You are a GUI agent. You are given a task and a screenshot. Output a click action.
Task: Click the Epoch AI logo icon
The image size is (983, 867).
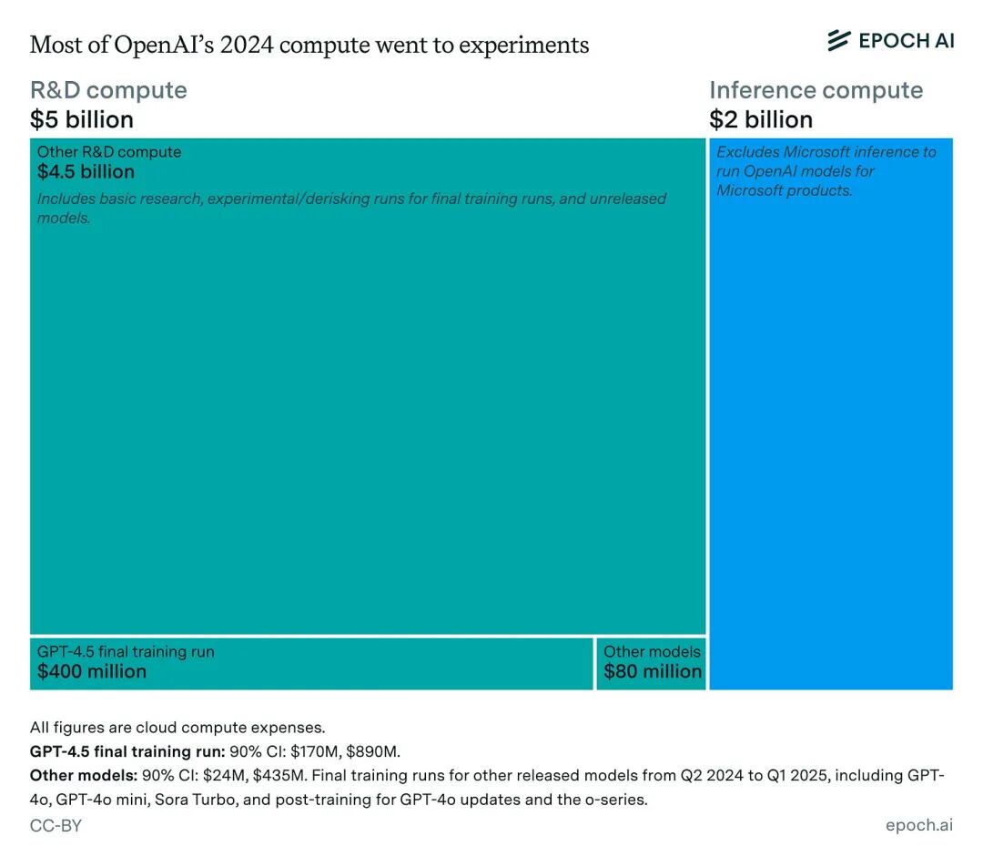tap(838, 40)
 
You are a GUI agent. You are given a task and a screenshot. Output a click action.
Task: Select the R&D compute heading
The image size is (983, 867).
tap(108, 90)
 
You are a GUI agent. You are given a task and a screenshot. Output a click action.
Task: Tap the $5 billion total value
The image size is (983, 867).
tap(82, 120)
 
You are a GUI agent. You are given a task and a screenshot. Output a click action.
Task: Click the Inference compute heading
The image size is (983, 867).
tap(816, 90)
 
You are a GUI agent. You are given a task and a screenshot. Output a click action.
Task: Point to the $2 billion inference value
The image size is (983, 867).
tap(761, 120)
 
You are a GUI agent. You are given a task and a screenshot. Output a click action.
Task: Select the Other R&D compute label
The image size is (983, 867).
tap(109, 152)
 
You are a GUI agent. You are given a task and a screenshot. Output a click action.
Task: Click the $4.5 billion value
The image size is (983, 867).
tap(86, 172)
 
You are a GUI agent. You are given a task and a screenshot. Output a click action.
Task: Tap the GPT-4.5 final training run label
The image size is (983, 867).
tap(126, 652)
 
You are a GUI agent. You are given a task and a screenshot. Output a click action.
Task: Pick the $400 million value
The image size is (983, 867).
tap(92, 672)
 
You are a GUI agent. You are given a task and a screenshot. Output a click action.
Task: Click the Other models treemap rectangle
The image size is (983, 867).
tap(652, 663)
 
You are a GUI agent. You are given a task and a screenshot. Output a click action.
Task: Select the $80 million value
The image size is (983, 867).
tap(653, 672)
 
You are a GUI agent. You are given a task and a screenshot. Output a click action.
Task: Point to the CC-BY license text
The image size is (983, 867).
tap(56, 826)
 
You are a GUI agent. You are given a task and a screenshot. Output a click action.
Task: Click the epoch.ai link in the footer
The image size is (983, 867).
tap(918, 825)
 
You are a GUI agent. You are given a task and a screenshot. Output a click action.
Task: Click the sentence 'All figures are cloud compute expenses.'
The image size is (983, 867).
tap(177, 728)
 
